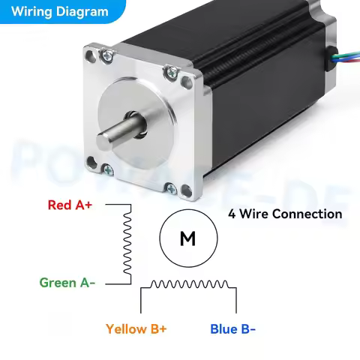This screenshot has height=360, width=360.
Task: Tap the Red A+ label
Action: pyautogui.click(x=70, y=204)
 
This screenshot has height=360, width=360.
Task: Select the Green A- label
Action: pyautogui.click(x=67, y=283)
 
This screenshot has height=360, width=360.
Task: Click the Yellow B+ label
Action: pyautogui.click(x=136, y=328)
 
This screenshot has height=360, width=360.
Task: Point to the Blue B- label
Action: pyautogui.click(x=232, y=328)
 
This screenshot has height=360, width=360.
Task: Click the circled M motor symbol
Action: pyautogui.click(x=187, y=238)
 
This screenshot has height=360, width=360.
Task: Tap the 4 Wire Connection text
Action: pyautogui.click(x=285, y=214)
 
